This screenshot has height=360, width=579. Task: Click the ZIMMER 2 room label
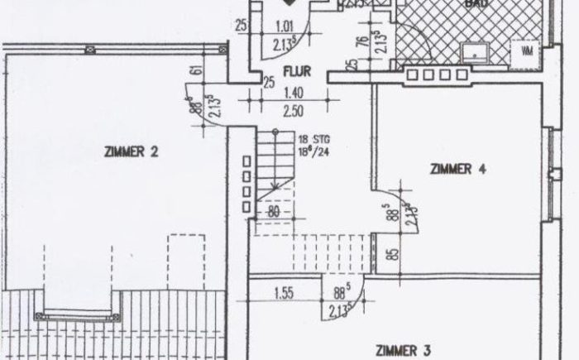tap(132, 151)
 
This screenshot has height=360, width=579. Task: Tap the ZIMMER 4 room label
tap(457, 170)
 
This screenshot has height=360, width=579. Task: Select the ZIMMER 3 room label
tap(402, 349)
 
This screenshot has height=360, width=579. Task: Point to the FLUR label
tap(295, 70)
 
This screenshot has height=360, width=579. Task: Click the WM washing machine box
tap(526, 51)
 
